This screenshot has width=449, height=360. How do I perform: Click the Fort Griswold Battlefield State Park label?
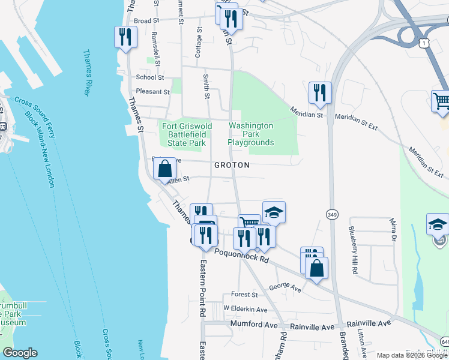point(186,134)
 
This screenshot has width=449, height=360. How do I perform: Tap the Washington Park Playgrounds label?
point(251,134)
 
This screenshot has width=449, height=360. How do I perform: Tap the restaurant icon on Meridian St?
point(319,93)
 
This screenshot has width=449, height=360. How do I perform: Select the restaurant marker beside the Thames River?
point(125,38)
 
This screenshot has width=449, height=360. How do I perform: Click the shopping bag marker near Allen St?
point(165,170)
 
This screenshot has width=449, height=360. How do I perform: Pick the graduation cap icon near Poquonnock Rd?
point(274,212)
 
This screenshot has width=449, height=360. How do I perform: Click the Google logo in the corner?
point(20,353)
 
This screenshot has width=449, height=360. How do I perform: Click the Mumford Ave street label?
point(255,325)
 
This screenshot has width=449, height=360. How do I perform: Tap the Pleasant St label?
point(153,92)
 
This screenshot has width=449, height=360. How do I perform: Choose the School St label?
point(149,77)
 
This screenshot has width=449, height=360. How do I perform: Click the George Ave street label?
point(285,288)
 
